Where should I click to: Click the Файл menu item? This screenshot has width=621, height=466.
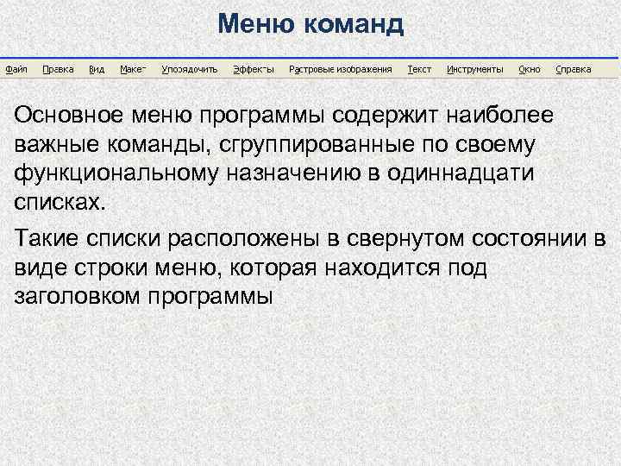[16, 69]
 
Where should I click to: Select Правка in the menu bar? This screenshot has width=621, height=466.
[58, 69]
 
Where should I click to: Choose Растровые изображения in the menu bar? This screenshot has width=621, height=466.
[341, 69]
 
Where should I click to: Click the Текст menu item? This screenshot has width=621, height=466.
[419, 69]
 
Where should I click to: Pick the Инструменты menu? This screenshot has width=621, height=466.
[474, 69]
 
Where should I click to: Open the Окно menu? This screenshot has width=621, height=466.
[530, 69]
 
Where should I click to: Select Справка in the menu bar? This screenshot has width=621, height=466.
[574, 69]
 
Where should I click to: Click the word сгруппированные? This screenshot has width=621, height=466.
[347, 144]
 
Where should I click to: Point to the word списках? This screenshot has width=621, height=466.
[62, 202]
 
